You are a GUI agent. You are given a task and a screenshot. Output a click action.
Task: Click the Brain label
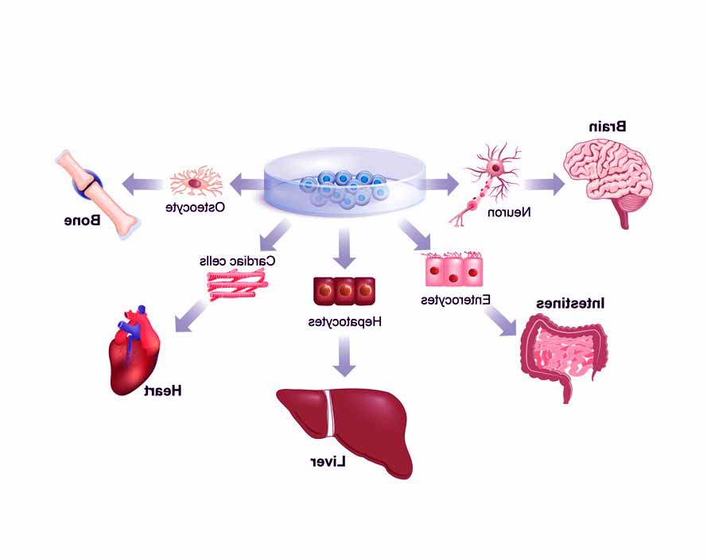click(x=607, y=126)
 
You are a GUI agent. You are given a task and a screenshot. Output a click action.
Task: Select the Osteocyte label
click(x=195, y=207)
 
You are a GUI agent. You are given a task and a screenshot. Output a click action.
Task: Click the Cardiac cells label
click(x=237, y=261)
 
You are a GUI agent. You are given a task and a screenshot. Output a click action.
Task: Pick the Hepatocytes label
click(x=345, y=322)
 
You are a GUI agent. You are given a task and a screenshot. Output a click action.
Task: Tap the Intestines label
click(x=570, y=304)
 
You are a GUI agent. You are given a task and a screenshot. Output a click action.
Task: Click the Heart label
click(x=165, y=390)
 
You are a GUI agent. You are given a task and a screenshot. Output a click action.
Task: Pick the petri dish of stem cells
click(x=344, y=187)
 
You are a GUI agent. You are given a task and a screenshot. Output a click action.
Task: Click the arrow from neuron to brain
click(x=544, y=184)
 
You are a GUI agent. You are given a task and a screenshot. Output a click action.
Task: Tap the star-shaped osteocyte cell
click(x=196, y=183)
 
